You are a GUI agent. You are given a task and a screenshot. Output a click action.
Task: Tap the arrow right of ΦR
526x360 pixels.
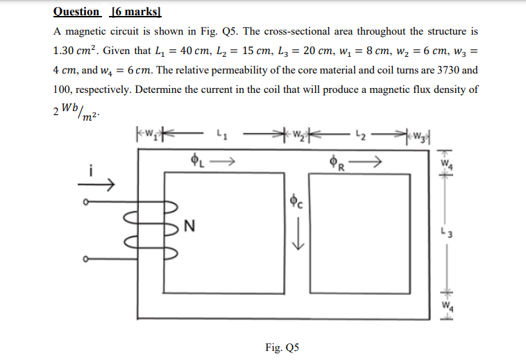pyautogui.click(x=367, y=164)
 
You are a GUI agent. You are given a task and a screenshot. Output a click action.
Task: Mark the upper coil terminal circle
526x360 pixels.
pyautogui.click(x=85, y=203)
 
